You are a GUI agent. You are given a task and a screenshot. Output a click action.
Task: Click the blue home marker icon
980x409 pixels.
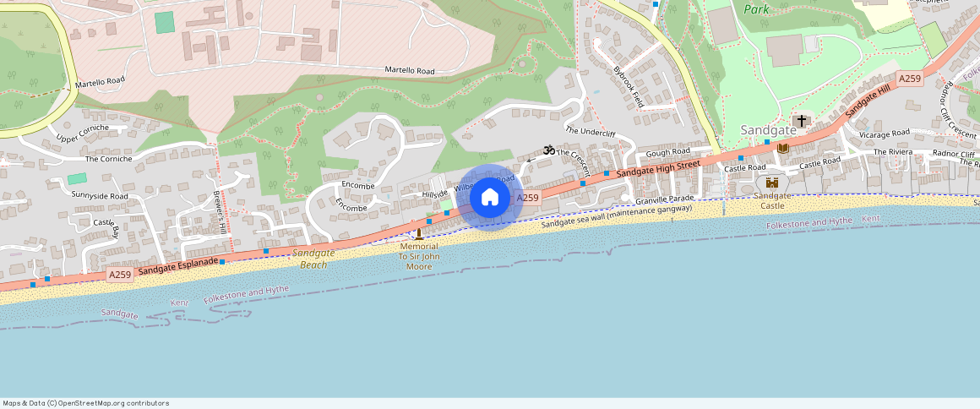489,198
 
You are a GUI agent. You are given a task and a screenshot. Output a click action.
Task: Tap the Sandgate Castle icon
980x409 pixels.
771,183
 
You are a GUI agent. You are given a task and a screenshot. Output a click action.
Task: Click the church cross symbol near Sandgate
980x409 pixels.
801,121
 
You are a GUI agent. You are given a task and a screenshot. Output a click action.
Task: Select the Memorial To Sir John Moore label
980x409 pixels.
419,256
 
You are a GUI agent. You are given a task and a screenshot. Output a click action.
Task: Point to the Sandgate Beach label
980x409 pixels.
313,259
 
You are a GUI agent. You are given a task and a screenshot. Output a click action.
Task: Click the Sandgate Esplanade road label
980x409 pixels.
177,265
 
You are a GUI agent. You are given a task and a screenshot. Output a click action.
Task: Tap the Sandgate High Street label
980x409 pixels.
657,166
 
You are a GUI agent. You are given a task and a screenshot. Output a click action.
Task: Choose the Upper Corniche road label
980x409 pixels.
83,133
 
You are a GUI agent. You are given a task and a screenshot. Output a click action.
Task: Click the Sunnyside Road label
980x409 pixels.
100,195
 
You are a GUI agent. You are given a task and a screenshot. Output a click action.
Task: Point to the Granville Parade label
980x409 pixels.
665,198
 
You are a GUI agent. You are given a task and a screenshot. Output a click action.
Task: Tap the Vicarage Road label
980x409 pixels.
884,134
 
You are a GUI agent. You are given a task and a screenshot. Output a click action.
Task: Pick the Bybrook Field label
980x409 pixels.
629,86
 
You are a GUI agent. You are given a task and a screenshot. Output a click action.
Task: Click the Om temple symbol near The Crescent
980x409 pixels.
547,150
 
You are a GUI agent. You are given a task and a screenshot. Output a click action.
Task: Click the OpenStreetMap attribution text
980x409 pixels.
86,403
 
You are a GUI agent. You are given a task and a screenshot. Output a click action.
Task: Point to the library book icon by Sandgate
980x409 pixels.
782,148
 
